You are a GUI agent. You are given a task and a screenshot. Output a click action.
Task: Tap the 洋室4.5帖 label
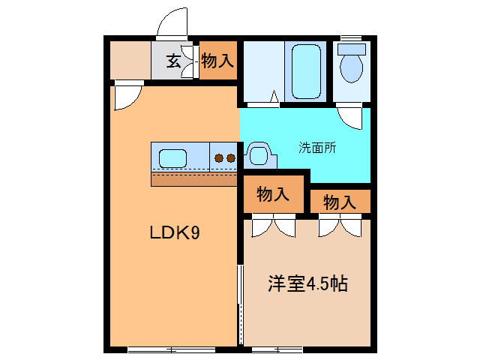tap(307, 284)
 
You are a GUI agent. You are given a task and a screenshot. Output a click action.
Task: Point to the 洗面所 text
tap(317, 148)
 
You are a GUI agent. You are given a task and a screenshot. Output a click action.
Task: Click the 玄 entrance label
tap(173, 61)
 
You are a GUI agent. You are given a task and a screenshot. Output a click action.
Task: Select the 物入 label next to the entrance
tap(217, 61)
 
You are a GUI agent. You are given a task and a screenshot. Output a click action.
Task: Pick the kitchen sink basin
tap(172, 158)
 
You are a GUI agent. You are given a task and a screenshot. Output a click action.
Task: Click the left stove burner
tap(219, 158)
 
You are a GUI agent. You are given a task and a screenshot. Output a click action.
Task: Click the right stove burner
tap(231, 158)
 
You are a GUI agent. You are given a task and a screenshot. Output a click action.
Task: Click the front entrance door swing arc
tap(172, 22)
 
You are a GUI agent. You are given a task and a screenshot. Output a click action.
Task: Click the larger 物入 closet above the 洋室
tap(274, 195)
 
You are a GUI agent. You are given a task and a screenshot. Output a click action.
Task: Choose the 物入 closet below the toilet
tap(340, 201)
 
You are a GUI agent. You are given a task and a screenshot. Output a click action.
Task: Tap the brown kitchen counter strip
tap(193, 178)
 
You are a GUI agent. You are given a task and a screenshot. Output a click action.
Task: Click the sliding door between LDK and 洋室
tap(240, 300)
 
